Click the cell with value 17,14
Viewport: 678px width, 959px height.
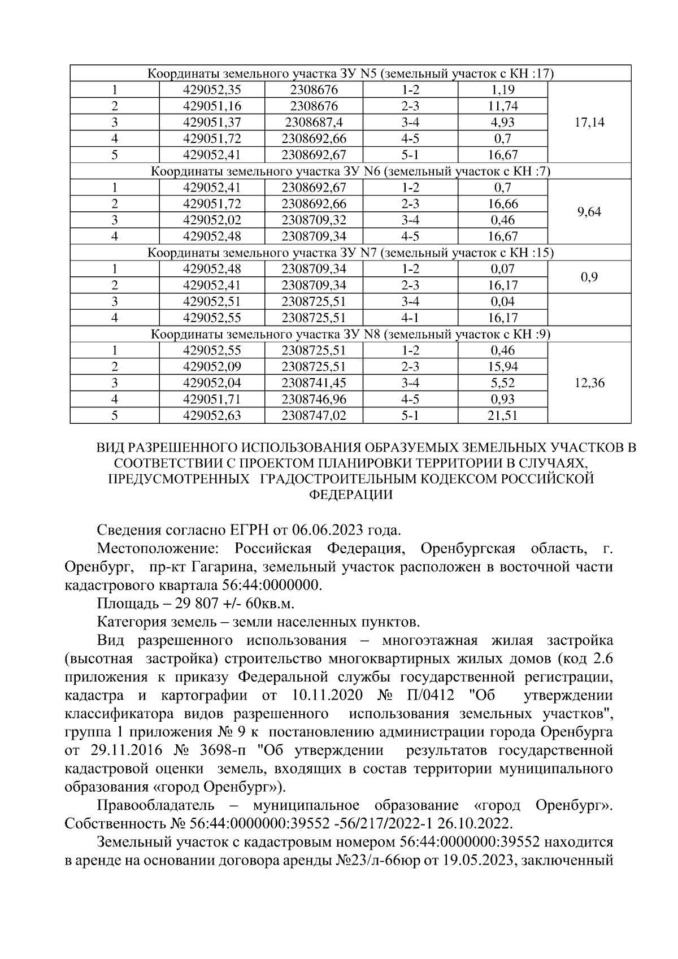coord(589,122)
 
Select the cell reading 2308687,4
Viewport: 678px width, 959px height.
coord(314,122)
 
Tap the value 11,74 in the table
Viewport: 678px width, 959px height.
coord(503,106)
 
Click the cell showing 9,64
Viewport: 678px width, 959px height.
coord(589,212)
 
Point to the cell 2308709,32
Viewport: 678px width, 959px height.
coord(314,220)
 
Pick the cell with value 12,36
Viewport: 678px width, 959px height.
coord(589,383)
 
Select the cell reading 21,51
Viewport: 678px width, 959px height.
coord(503,416)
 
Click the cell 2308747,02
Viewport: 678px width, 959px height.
coord(314,416)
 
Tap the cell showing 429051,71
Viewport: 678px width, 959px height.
coord(212,400)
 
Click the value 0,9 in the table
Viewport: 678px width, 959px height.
coord(589,277)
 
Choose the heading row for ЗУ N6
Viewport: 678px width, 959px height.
coord(350,171)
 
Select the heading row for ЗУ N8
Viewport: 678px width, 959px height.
coord(350,334)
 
